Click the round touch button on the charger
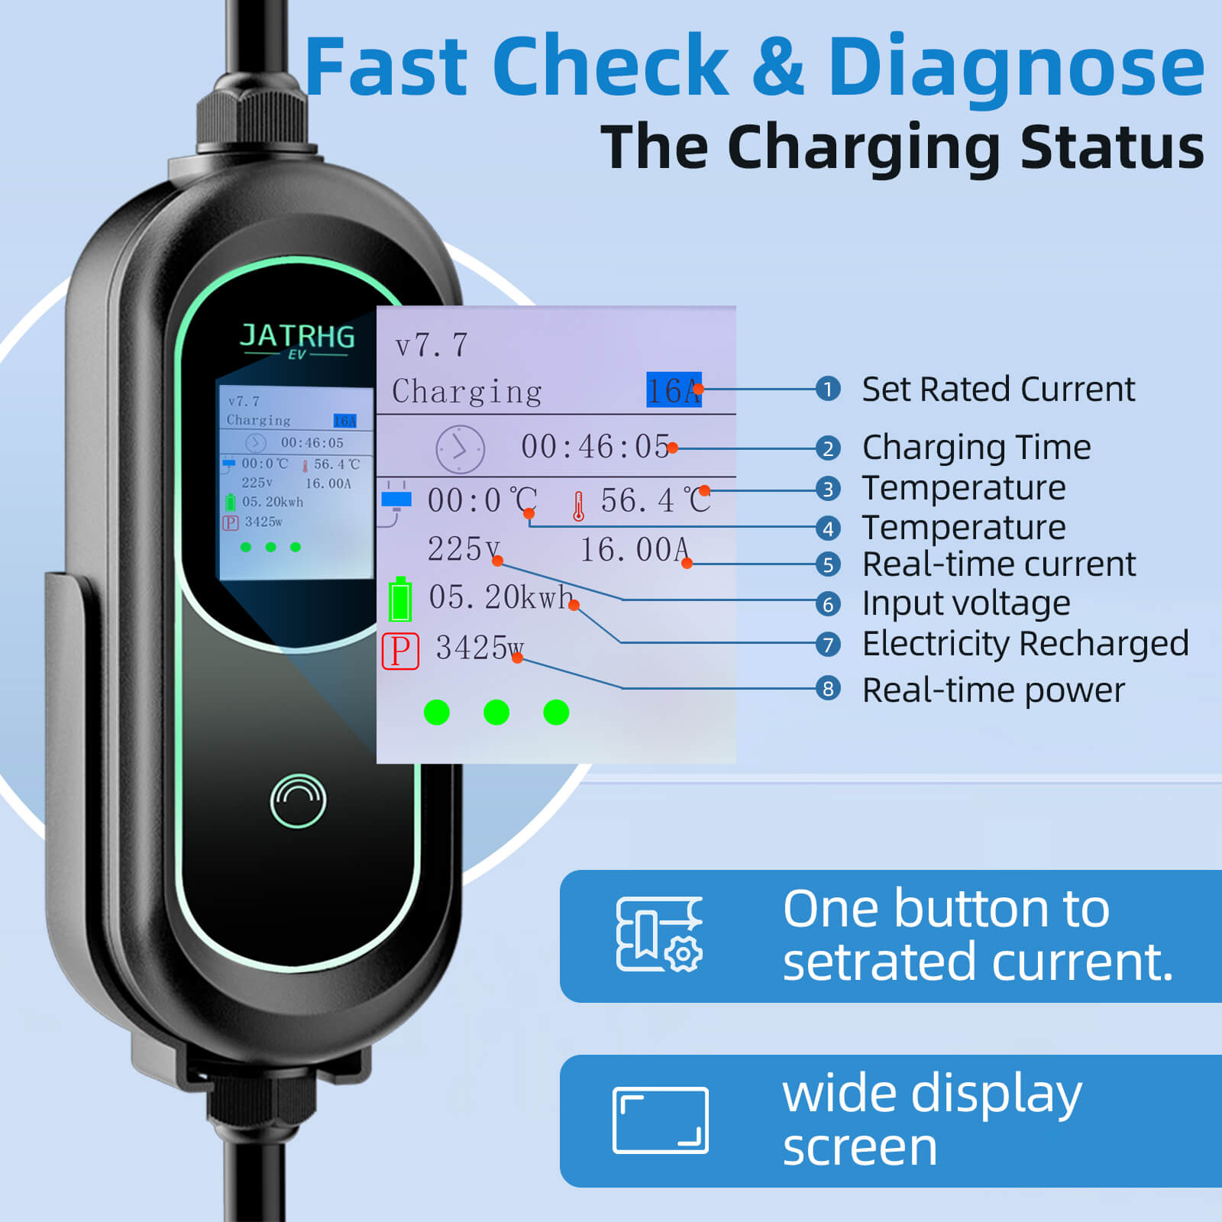[x=298, y=800]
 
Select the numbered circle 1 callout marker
[x=828, y=389]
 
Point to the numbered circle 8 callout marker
[x=828, y=688]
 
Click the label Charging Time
[x=976, y=448]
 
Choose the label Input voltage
[x=966, y=603]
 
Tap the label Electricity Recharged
[x=1026, y=643]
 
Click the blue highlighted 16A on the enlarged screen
[x=674, y=390]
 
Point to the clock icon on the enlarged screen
[x=460, y=449]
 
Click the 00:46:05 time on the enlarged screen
[x=595, y=447]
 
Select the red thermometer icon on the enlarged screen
[x=578, y=506]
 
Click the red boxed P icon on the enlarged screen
[x=400, y=651]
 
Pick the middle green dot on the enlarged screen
[x=496, y=713]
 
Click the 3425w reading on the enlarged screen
[x=480, y=648]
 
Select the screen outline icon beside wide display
[x=661, y=1120]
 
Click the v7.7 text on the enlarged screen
[x=431, y=346]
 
